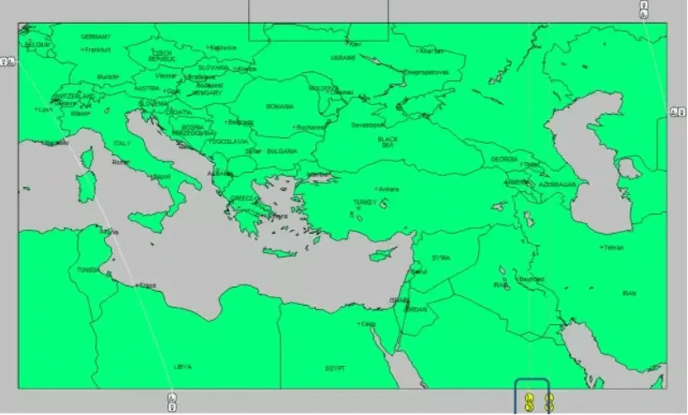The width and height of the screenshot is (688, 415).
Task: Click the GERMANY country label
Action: [x=96, y=37]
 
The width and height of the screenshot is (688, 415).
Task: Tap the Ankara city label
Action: [x=389, y=189]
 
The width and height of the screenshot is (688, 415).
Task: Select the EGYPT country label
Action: [x=335, y=368]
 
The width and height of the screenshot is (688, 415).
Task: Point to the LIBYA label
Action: [x=183, y=365]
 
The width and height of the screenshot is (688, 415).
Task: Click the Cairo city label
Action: [x=368, y=323]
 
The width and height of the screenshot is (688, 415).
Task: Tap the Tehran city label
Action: [x=613, y=247]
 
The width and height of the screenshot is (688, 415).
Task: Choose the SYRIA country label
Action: [x=441, y=258]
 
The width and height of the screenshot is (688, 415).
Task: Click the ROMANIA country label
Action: [x=279, y=107]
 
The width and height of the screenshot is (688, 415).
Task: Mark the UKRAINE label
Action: [x=342, y=59]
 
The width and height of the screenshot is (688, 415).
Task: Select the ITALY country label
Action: [x=122, y=144]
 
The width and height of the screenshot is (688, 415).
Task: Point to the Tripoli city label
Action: [x=147, y=285]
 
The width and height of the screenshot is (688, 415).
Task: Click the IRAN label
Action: [x=629, y=293]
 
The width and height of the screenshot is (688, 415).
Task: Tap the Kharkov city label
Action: [x=430, y=51]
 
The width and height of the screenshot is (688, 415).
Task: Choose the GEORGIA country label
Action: [x=504, y=159]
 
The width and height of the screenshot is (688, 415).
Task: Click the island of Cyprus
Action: [x=380, y=254]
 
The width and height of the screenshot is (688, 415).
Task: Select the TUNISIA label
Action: [x=88, y=270]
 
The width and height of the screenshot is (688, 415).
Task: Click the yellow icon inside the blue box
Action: [x=528, y=403]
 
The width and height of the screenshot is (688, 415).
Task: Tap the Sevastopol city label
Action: [x=368, y=126]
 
